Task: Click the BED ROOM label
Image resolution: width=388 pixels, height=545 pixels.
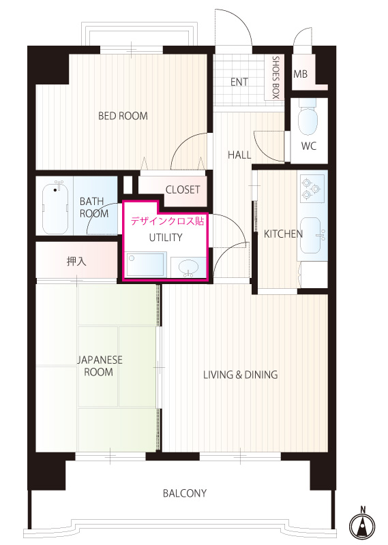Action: (123, 116)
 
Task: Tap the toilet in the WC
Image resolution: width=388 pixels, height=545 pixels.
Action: (308, 118)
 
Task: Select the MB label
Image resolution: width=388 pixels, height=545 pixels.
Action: (300, 74)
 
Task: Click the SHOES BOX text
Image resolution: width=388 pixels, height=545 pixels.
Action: (275, 78)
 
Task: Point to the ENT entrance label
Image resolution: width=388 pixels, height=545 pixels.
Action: (239, 82)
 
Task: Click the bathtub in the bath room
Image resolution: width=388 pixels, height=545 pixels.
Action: (55, 208)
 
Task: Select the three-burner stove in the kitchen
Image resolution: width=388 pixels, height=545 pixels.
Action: (312, 189)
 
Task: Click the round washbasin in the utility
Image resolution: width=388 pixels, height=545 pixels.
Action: (188, 268)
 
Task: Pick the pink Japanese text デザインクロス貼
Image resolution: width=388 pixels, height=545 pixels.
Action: (167, 221)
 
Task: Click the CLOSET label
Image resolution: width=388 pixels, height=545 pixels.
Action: (183, 189)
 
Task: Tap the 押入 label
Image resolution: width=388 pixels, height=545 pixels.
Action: (76, 261)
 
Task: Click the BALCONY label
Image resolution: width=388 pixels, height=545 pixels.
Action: (184, 493)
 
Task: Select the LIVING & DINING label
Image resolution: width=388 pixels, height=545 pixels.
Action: (241, 375)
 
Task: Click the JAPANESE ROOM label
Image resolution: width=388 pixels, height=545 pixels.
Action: (100, 366)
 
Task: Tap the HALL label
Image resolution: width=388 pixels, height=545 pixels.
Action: (239, 155)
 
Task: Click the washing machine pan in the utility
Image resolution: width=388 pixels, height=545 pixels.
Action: (146, 264)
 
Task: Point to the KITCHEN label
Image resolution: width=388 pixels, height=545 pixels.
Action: (283, 234)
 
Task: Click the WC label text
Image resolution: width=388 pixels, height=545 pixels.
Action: (309, 146)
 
